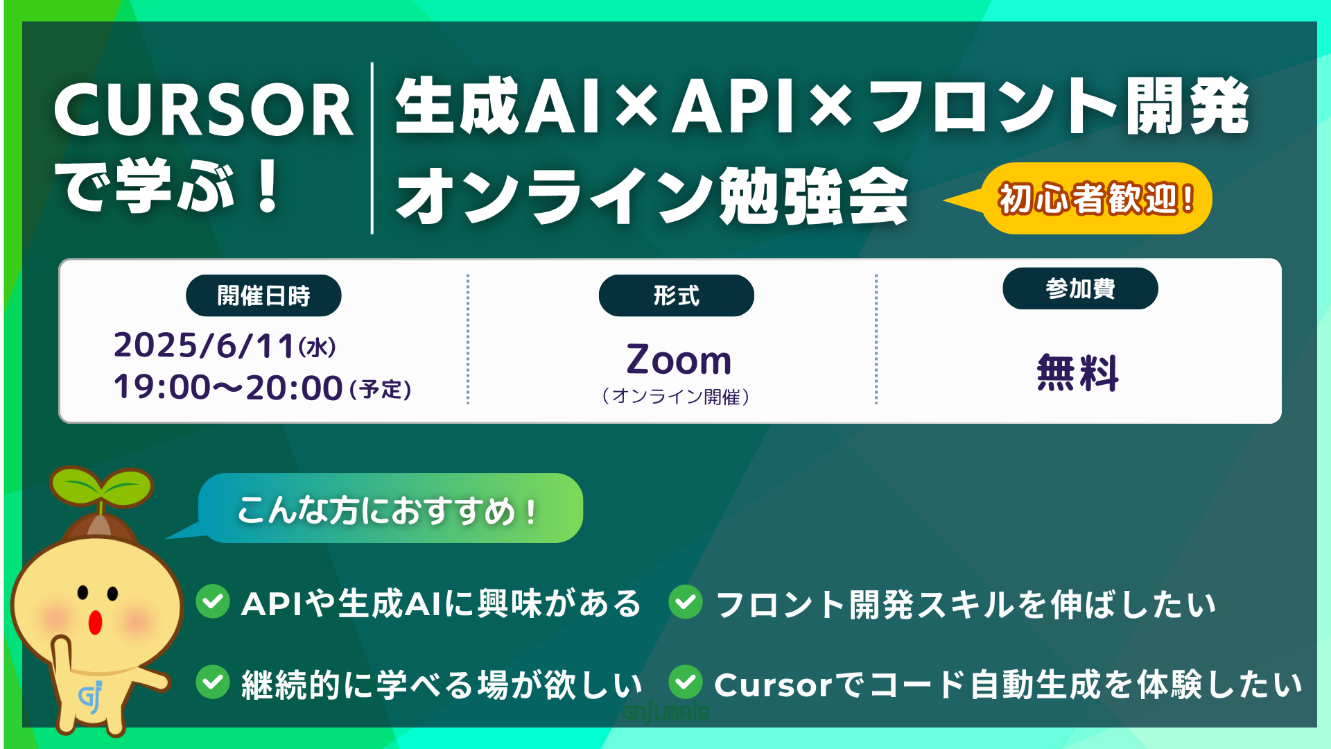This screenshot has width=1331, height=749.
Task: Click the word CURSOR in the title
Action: click(204, 110)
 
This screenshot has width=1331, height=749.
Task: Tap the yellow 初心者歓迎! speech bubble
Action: click(1095, 198)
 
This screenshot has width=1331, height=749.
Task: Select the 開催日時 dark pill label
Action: click(263, 295)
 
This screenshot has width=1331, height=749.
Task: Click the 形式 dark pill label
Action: click(677, 295)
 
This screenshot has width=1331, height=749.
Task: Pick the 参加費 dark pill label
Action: click(1080, 289)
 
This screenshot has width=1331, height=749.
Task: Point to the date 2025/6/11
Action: click(205, 345)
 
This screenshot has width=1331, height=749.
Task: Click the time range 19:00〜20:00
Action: click(228, 387)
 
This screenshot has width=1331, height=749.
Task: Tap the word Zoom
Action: click(679, 360)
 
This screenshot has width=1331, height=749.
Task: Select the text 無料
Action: click(1078, 372)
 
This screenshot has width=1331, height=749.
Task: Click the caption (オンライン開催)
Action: click(676, 397)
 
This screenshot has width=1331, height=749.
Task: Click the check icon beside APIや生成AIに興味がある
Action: click(213, 601)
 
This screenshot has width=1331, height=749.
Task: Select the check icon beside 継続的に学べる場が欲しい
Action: click(213, 682)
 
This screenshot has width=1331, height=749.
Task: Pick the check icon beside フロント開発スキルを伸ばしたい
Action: click(686, 601)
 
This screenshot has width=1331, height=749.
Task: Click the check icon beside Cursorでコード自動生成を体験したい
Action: click(686, 682)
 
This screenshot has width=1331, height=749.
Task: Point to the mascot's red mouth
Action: click(96, 623)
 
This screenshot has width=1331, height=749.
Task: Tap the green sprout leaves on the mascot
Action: click(101, 485)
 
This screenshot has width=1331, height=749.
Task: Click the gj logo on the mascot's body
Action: click(91, 697)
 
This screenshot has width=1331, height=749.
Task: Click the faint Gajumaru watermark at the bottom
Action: click(665, 712)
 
